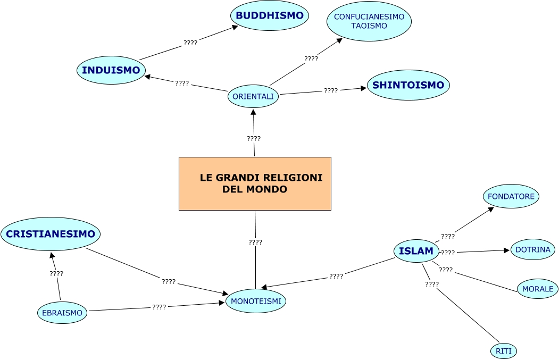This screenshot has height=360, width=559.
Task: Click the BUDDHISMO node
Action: pyautogui.click(x=270, y=16)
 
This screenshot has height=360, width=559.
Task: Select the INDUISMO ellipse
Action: pyautogui.click(x=111, y=70)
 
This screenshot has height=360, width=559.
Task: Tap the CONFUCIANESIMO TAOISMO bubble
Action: pyautogui.click(x=369, y=21)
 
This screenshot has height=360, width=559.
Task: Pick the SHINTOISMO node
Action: pyautogui.click(x=408, y=85)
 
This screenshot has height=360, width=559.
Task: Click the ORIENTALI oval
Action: pyautogui.click(x=253, y=96)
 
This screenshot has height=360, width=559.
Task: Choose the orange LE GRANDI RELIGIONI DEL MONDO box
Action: pyautogui.click(x=255, y=183)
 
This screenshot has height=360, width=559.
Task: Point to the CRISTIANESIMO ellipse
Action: pyautogui.click(x=51, y=234)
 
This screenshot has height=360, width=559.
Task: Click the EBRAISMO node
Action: pyautogui.click(x=62, y=313)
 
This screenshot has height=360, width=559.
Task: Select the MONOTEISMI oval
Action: pyautogui.click(x=256, y=302)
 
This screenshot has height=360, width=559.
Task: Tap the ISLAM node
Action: pyautogui.click(x=416, y=251)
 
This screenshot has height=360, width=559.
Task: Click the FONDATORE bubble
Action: pyautogui.click(x=511, y=196)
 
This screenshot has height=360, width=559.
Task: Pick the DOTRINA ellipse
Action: pyautogui.click(x=533, y=249)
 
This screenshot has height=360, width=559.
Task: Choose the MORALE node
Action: pyautogui.click(x=538, y=289)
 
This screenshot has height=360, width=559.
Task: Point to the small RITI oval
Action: pyautogui.click(x=503, y=351)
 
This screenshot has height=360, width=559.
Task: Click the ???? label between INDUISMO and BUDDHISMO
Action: pyautogui.click(x=190, y=43)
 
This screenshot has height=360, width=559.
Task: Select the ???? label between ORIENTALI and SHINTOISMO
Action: pyautogui.click(x=331, y=91)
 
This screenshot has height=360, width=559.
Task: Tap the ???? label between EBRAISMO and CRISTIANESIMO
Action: pyautogui.click(x=56, y=273)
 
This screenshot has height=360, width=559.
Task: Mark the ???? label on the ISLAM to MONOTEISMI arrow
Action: pyautogui.click(x=336, y=277)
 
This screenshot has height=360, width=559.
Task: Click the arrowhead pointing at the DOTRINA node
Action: pyautogui.click(x=507, y=250)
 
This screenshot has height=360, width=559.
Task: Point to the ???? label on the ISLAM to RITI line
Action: pyautogui.click(x=432, y=284)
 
